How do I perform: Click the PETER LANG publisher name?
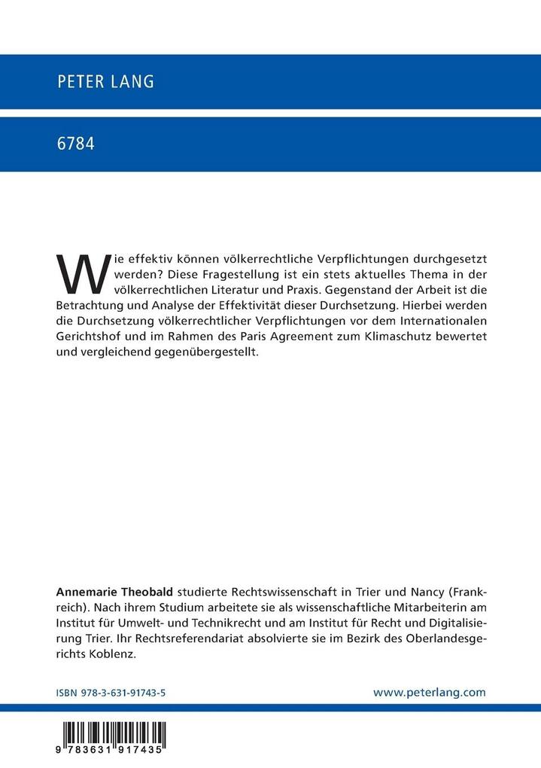pos(105,82)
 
